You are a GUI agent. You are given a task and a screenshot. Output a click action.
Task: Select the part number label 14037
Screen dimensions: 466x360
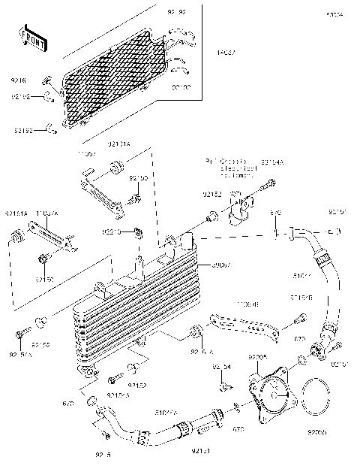coord(225,53)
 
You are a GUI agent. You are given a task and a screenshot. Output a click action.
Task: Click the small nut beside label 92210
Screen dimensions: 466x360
coord(137,230)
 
